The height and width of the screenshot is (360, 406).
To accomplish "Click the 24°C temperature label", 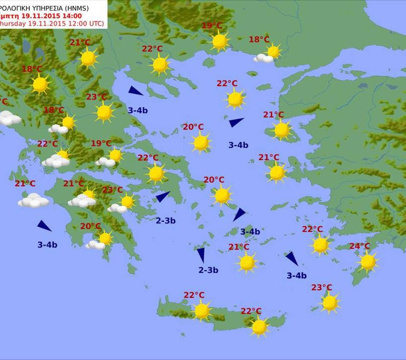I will pyautogui.click(x=359, y=246).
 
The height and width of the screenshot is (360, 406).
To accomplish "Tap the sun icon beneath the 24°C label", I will pyautogui.click(x=367, y=262).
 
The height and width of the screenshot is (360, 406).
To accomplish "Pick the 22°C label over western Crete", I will pyautogui.click(x=194, y=295).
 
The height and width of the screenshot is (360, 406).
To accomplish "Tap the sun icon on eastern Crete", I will pyautogui.click(x=259, y=327).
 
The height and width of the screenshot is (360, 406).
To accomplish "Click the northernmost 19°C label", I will pyautogui.click(x=211, y=26).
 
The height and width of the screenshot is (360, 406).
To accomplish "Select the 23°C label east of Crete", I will pyautogui.click(x=321, y=288).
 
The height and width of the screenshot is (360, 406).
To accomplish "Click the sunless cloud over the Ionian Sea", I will pyautogui.click(x=33, y=200).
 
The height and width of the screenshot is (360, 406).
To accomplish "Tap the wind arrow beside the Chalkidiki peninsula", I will pyautogui.click(x=135, y=91).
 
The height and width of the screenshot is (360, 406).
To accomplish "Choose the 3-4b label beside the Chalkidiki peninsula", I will pyautogui.click(x=138, y=110).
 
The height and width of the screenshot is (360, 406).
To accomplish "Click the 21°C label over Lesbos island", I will pyautogui.click(x=273, y=115).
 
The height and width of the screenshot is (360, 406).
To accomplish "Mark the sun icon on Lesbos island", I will pyautogui.click(x=281, y=130).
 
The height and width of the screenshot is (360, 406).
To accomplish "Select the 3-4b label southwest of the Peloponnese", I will pyautogui.click(x=47, y=245).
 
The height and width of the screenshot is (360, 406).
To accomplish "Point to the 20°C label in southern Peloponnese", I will pyautogui.click(x=90, y=226).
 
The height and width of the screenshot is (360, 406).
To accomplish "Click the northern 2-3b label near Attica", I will pyautogui.click(x=165, y=221).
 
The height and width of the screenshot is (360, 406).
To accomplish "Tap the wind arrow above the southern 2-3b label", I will pyautogui.click(x=201, y=255).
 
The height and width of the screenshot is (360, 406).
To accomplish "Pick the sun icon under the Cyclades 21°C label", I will pyautogui.click(x=247, y=262).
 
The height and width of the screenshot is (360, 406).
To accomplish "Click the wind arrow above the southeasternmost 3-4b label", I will pyautogui.click(x=292, y=258).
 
